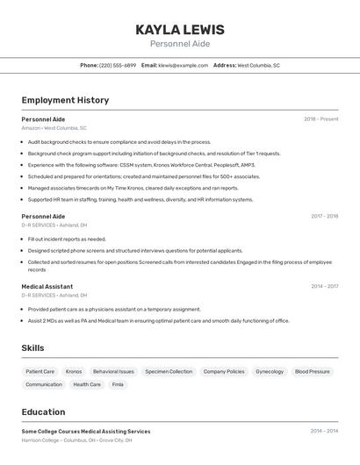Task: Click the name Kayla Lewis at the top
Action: [x=180, y=30]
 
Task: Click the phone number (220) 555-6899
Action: [x=118, y=65]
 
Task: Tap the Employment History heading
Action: [x=65, y=100]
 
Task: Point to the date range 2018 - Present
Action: [x=321, y=118]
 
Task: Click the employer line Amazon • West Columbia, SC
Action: [x=54, y=128]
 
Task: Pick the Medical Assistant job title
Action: [x=47, y=286]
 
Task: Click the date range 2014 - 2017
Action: [x=324, y=286]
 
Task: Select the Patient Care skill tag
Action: [x=40, y=371]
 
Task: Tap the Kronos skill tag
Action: [x=74, y=371]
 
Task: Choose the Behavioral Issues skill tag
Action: [x=113, y=371]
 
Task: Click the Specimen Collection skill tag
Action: [x=169, y=371]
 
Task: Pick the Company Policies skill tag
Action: [x=224, y=371]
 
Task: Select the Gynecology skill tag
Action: [x=270, y=371]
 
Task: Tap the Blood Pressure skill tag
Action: [x=313, y=371]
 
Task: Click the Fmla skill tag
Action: [x=118, y=384]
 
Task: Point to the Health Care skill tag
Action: [x=87, y=384]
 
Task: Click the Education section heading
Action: [x=43, y=411]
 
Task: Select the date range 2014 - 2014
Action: [x=324, y=431]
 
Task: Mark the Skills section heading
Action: [x=33, y=348]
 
